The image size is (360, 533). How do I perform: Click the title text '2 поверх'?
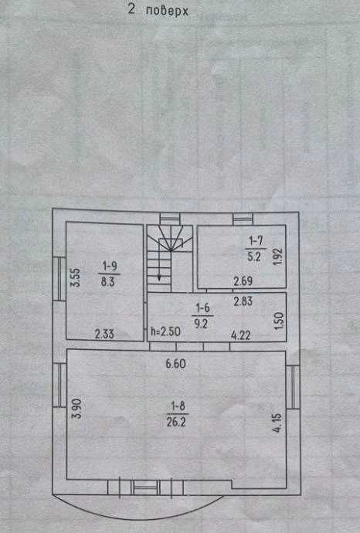158,10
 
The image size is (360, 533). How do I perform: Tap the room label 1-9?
110,266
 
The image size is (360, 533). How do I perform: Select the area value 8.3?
107,282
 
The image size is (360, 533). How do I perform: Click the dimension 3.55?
75,278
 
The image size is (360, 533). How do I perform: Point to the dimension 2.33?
104,334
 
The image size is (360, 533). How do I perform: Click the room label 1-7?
256,241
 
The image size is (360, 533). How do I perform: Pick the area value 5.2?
254,256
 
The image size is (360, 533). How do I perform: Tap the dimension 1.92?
278,257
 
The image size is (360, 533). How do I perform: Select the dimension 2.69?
243,280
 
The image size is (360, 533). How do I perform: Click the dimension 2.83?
243,300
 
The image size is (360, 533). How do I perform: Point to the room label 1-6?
202,308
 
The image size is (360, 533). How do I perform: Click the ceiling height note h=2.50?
165,331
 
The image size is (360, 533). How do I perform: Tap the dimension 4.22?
240,335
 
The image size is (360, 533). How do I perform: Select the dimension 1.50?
278,321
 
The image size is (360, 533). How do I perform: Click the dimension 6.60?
175,364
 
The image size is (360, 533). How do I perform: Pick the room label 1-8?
178,406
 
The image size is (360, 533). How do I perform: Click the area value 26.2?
176,422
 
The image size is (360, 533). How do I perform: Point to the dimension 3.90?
77,409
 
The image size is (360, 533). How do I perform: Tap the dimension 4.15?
277,423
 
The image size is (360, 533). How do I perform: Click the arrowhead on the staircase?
159,278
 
